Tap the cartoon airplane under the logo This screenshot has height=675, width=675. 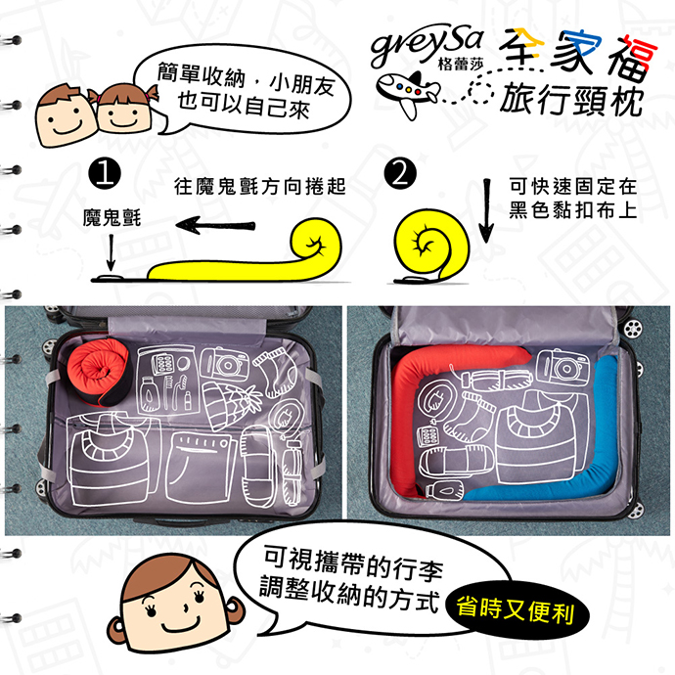tap(407, 94)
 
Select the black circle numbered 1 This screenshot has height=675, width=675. tap(105, 173)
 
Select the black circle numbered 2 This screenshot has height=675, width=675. tap(400, 173)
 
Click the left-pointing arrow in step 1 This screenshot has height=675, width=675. tap(215, 225)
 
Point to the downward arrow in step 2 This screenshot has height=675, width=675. tap(486, 211)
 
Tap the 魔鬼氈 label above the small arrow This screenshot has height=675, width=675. tap(112, 217)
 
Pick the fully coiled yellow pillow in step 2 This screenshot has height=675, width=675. tap(431, 245)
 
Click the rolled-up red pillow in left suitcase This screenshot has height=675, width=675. tap(98, 370)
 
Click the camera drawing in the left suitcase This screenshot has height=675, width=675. tap(225, 364)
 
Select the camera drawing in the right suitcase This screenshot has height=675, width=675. tap(562, 367)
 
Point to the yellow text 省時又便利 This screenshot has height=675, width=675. tap(516, 610)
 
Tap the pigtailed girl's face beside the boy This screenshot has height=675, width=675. tap(122, 109)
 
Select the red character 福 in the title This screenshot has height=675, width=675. tap(632, 58)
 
